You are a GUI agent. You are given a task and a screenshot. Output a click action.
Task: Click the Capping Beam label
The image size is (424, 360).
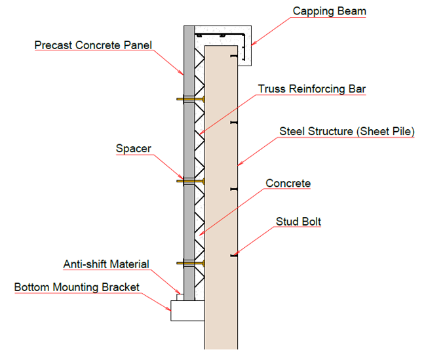coord(330,11)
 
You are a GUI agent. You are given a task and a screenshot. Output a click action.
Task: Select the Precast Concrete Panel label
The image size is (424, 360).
coord(93,45)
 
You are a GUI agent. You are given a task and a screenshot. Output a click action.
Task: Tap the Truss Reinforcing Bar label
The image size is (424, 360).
coord(312,89)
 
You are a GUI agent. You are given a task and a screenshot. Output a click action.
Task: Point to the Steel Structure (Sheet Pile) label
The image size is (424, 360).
coord(347,131)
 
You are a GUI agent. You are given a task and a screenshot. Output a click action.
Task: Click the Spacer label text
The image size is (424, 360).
coord(133,149)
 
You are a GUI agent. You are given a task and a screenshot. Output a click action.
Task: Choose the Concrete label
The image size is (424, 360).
coord(288,183)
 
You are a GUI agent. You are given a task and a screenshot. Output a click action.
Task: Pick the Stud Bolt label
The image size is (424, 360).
coord(298,222)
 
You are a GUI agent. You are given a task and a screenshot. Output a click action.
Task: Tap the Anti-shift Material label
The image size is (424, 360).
coord(106,264)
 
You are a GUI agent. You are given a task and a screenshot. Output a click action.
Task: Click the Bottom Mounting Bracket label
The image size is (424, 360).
coord(77,287)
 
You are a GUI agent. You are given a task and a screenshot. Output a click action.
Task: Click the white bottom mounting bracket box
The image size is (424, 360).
coord(187,310)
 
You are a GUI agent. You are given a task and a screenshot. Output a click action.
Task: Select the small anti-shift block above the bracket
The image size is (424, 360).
coord(180,297)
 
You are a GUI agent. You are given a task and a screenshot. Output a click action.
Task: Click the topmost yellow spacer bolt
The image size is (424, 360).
coord(190,99)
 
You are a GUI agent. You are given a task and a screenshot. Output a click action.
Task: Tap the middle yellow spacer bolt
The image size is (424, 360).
coord(190,181)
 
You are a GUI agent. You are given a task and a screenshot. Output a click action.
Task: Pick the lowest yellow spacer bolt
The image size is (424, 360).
coord(190,263)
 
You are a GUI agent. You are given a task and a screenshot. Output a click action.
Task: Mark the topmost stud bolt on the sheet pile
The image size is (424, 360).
coord(234,56)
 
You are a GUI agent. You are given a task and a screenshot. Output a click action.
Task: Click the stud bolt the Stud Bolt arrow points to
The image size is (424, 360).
coord(234,255)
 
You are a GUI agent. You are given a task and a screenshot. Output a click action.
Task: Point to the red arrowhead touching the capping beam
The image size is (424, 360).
coord(254,43)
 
